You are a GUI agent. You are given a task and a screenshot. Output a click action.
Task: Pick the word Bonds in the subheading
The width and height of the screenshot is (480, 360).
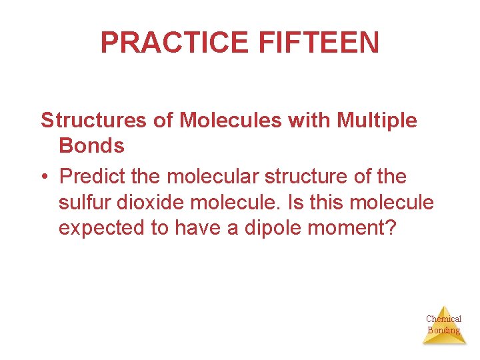(x=91, y=145)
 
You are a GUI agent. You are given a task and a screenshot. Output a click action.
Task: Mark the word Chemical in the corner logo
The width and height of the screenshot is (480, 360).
(x=444, y=319)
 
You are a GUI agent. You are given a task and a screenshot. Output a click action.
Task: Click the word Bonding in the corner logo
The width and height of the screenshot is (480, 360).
(x=444, y=330)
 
